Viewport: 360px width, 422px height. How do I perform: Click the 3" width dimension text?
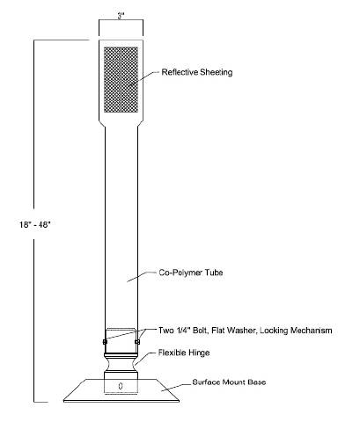pos(121,16)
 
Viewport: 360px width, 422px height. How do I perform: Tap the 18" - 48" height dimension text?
pos(35,225)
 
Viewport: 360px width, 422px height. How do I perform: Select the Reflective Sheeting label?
pos(197,72)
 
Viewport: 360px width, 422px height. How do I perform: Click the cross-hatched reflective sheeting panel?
pos(121,79)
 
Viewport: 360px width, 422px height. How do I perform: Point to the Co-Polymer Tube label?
pos(191,273)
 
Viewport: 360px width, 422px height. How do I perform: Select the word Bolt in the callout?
pos(200,331)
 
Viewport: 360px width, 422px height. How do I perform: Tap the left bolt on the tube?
pos(105,342)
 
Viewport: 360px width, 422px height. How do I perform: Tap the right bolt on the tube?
pos(137,342)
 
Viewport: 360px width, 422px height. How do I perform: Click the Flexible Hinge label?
pos(184,353)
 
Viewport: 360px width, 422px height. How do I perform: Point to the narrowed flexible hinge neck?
pos(121,364)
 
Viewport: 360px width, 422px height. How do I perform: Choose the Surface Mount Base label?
pos(229,382)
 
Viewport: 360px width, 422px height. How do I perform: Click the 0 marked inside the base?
pos(121,386)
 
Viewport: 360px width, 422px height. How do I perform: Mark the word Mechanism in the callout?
pos(312,331)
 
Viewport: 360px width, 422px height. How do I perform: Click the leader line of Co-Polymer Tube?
pos(142,277)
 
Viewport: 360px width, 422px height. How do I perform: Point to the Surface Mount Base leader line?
pos(176,387)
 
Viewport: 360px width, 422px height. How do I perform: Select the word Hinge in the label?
pos(200,353)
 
